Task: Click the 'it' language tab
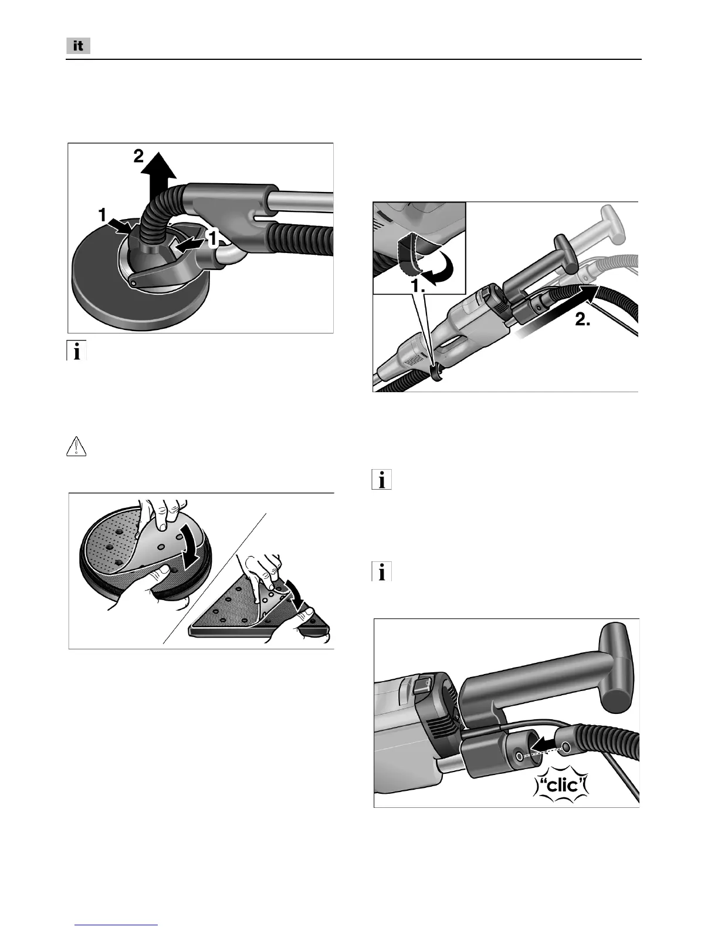point(77,46)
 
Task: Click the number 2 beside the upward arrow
point(137,157)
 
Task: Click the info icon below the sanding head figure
point(76,351)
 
